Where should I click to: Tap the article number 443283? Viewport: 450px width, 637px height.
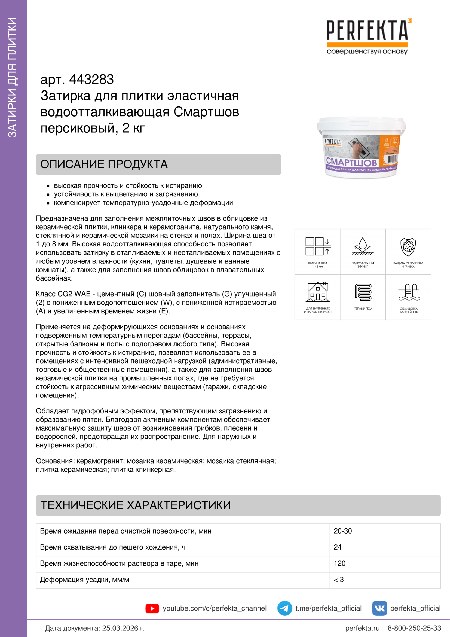[91, 80]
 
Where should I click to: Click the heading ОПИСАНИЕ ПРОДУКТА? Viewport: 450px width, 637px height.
[104, 164]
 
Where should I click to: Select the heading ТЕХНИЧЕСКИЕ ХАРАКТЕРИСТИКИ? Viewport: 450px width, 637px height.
[136, 505]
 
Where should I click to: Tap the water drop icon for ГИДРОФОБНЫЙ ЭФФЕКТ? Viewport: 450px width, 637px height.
[362, 246]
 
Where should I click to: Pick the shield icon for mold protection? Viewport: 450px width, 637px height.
[408, 247]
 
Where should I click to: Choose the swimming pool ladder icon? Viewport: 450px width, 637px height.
[409, 292]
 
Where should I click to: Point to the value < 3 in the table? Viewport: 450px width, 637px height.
[339, 580]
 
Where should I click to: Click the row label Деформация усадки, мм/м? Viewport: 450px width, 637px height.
[85, 580]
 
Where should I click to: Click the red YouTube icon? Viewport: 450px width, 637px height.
[152, 608]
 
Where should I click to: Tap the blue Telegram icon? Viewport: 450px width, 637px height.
[284, 608]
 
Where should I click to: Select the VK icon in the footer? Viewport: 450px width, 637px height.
[379, 608]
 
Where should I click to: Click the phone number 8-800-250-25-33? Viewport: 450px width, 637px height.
[414, 628]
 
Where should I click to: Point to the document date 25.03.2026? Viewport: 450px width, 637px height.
[123, 628]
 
